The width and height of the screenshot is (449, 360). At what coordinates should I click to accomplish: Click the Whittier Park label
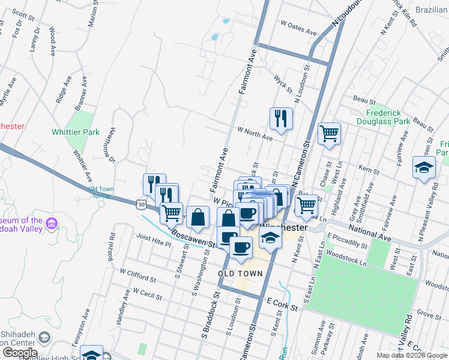(76, 131)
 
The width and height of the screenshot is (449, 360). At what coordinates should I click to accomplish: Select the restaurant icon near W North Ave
(280, 119)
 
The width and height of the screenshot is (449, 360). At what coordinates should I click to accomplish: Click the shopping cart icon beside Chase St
(329, 134)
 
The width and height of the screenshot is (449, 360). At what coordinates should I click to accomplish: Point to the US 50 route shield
(139, 204)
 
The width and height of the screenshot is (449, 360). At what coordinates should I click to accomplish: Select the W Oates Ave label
(298, 28)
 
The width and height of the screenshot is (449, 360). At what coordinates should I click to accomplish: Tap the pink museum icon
(52, 224)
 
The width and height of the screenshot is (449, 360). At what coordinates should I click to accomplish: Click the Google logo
(19, 353)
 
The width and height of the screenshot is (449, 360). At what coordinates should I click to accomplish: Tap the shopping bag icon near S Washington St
(197, 218)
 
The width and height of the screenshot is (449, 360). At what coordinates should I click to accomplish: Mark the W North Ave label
(255, 133)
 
